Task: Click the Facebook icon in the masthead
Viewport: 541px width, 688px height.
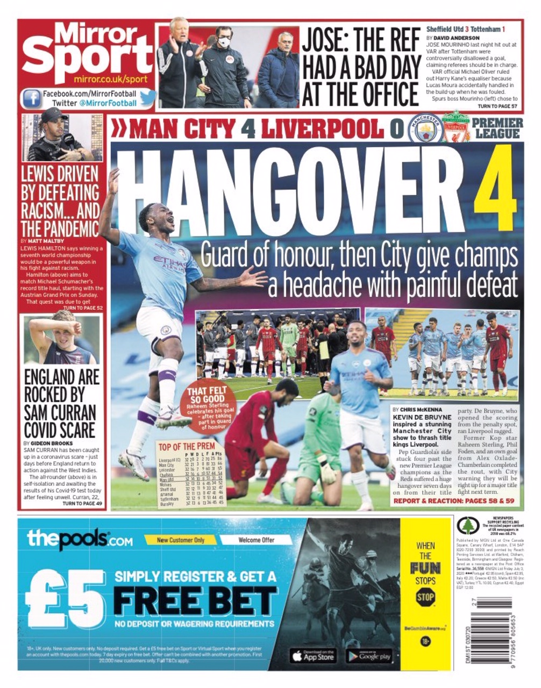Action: [x=32, y=98]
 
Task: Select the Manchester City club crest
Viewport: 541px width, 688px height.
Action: [x=425, y=128]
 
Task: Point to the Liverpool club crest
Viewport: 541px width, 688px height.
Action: [x=455, y=128]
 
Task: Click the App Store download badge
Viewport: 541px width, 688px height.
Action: [x=313, y=656]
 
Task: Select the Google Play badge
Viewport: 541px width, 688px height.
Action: [x=368, y=656]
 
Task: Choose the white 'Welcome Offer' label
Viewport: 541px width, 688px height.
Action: [x=256, y=540]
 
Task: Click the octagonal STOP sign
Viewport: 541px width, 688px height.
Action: [x=425, y=597]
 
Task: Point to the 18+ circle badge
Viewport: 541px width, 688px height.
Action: [x=425, y=641]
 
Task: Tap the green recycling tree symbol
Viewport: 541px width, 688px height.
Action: [x=467, y=525]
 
